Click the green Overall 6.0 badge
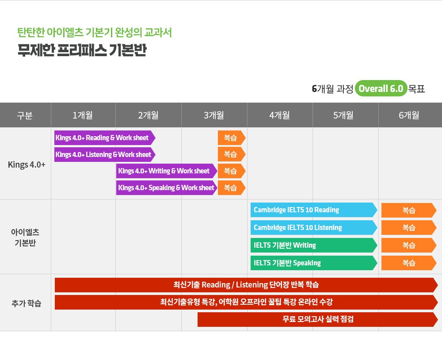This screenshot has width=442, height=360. [x=381, y=88]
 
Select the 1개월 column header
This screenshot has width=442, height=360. [x=83, y=115]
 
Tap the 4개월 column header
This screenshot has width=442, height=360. [x=280, y=115]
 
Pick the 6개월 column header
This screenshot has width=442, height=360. [x=409, y=115]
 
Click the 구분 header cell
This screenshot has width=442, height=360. [x=25, y=115]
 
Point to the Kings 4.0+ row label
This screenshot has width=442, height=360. [x=27, y=165]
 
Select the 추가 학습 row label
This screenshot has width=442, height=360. [x=26, y=303]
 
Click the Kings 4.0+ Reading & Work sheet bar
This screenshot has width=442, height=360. [x=105, y=138]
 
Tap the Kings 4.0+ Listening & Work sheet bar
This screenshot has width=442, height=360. [x=105, y=154]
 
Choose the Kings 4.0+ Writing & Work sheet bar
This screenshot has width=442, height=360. [x=167, y=171]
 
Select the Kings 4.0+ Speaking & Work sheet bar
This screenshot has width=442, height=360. [x=167, y=188]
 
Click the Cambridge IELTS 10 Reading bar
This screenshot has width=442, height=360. [x=314, y=210]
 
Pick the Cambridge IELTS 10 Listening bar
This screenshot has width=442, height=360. [x=314, y=227]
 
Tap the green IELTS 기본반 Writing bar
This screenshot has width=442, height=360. [x=314, y=245]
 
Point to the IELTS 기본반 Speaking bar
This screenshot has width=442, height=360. [x=314, y=263]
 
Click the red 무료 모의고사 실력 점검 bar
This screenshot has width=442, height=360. [x=318, y=319]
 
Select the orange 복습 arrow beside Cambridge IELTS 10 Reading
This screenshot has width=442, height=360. [x=409, y=210]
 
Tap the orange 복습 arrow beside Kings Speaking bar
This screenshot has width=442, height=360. [x=232, y=188]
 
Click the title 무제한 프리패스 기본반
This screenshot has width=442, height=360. [x=82, y=50]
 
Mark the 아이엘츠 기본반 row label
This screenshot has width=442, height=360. [x=25, y=237]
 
